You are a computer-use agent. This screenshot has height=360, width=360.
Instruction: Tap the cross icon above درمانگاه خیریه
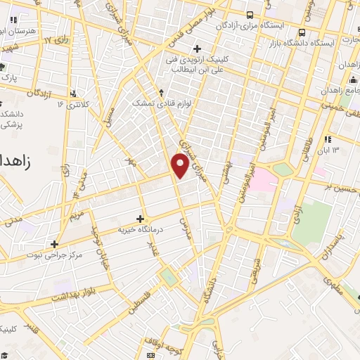click(140, 219)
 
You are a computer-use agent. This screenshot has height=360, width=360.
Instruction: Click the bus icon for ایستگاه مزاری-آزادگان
click(250, 15)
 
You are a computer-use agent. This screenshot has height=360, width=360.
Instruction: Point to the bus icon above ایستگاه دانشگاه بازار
click(302, 32)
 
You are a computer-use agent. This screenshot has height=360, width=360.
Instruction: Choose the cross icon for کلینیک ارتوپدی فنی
click(197, 49)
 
